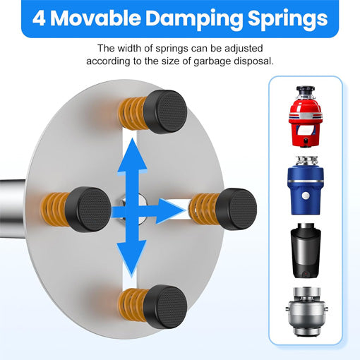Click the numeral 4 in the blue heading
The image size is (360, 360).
39,18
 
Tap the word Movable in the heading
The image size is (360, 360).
95,18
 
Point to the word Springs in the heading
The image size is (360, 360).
288,20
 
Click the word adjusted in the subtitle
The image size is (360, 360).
244,49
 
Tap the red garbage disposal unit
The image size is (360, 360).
305,116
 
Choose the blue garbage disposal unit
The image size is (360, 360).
305,186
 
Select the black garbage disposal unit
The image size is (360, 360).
306,251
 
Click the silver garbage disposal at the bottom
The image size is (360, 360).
306,311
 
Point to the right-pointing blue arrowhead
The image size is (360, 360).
170,211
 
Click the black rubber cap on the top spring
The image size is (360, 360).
165,112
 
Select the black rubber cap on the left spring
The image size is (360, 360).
88,210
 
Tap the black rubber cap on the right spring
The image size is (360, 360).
236,209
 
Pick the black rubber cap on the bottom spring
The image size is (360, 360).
165,306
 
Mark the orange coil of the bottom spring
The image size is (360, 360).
132,305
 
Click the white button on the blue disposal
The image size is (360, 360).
306,196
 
